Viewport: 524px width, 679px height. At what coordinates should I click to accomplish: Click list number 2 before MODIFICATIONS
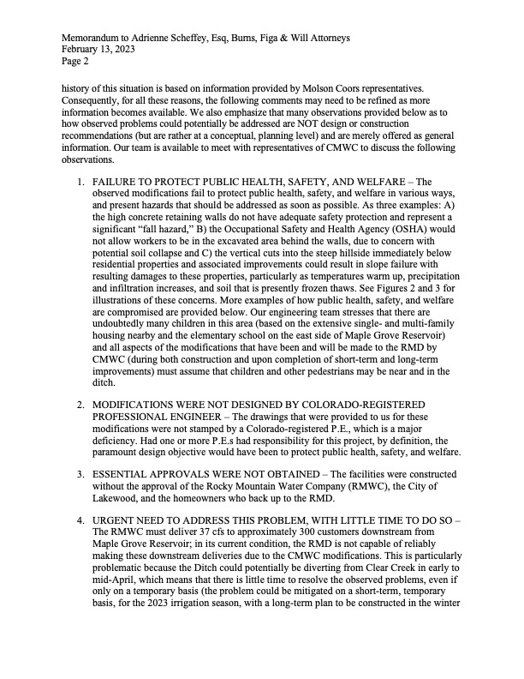[x=80, y=404]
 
